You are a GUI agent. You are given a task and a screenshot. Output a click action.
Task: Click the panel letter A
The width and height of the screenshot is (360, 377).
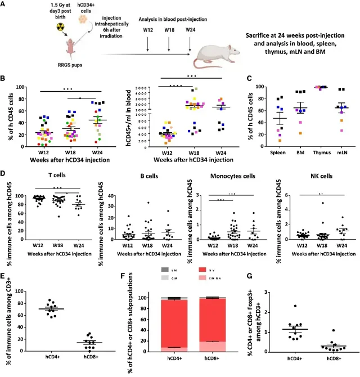4,5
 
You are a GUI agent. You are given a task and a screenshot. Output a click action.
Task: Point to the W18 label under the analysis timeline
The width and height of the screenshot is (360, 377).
168,29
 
